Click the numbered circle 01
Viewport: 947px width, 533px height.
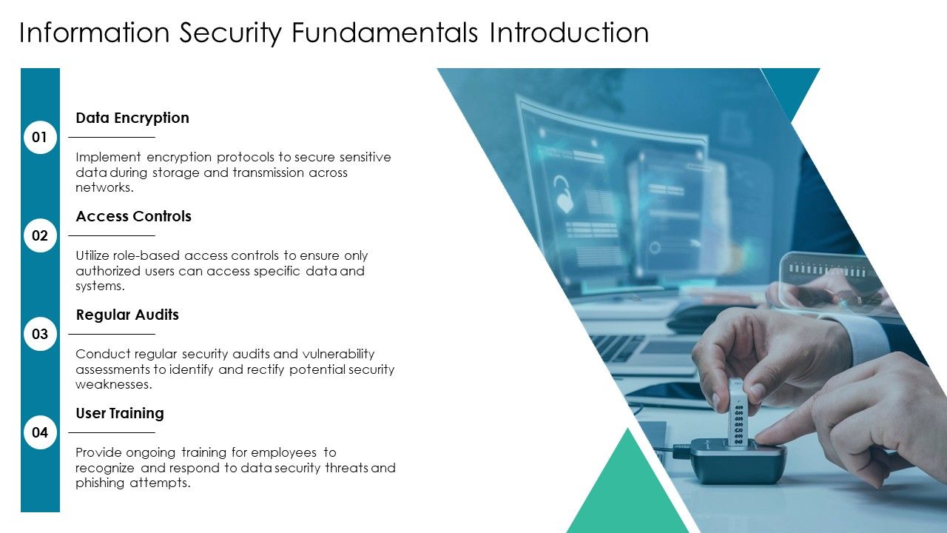pos(40,137)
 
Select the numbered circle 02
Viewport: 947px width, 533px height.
pos(40,235)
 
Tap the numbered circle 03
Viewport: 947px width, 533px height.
pos(40,334)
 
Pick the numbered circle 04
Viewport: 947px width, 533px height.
pos(40,432)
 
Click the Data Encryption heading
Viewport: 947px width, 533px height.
pos(132,118)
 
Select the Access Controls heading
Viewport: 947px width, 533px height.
pos(133,216)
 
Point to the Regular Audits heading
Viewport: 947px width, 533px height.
pos(127,315)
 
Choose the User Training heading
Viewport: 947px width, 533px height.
pos(119,413)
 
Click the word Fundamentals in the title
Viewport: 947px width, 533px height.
pos(385,33)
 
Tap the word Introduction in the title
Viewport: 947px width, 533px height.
pos(568,33)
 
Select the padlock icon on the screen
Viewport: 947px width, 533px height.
pos(565,194)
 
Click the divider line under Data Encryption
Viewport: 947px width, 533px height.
pos(112,137)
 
